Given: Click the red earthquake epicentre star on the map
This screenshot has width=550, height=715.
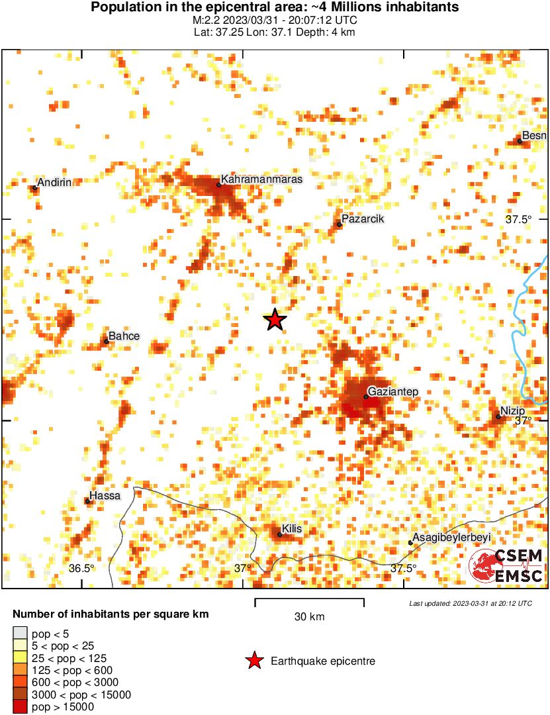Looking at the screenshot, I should [x=275, y=320].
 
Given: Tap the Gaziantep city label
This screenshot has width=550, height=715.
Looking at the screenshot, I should [x=393, y=392].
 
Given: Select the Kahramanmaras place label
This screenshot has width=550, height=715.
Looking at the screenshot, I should [x=261, y=179].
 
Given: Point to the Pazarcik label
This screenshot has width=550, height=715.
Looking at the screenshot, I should [x=363, y=219].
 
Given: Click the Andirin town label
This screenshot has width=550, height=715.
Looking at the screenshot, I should [x=54, y=183].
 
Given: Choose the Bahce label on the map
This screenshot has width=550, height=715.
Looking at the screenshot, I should [x=124, y=336].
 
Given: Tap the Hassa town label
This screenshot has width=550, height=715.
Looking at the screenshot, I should [x=105, y=496].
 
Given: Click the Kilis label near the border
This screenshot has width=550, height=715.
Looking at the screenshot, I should [x=292, y=529].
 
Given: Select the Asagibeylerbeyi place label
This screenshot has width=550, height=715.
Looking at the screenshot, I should [x=451, y=538].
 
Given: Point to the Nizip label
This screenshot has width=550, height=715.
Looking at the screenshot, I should [x=512, y=411].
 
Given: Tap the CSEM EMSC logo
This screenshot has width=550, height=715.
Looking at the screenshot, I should [x=506, y=566].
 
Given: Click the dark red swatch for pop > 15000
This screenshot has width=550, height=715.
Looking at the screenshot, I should [x=20, y=707].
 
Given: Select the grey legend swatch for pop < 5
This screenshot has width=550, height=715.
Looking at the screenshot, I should [x=20, y=633].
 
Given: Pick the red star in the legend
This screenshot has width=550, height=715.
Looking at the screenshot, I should [x=253, y=661].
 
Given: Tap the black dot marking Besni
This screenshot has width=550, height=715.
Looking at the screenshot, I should [x=520, y=141].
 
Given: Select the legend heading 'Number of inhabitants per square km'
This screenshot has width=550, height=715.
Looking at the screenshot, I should [x=111, y=614].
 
